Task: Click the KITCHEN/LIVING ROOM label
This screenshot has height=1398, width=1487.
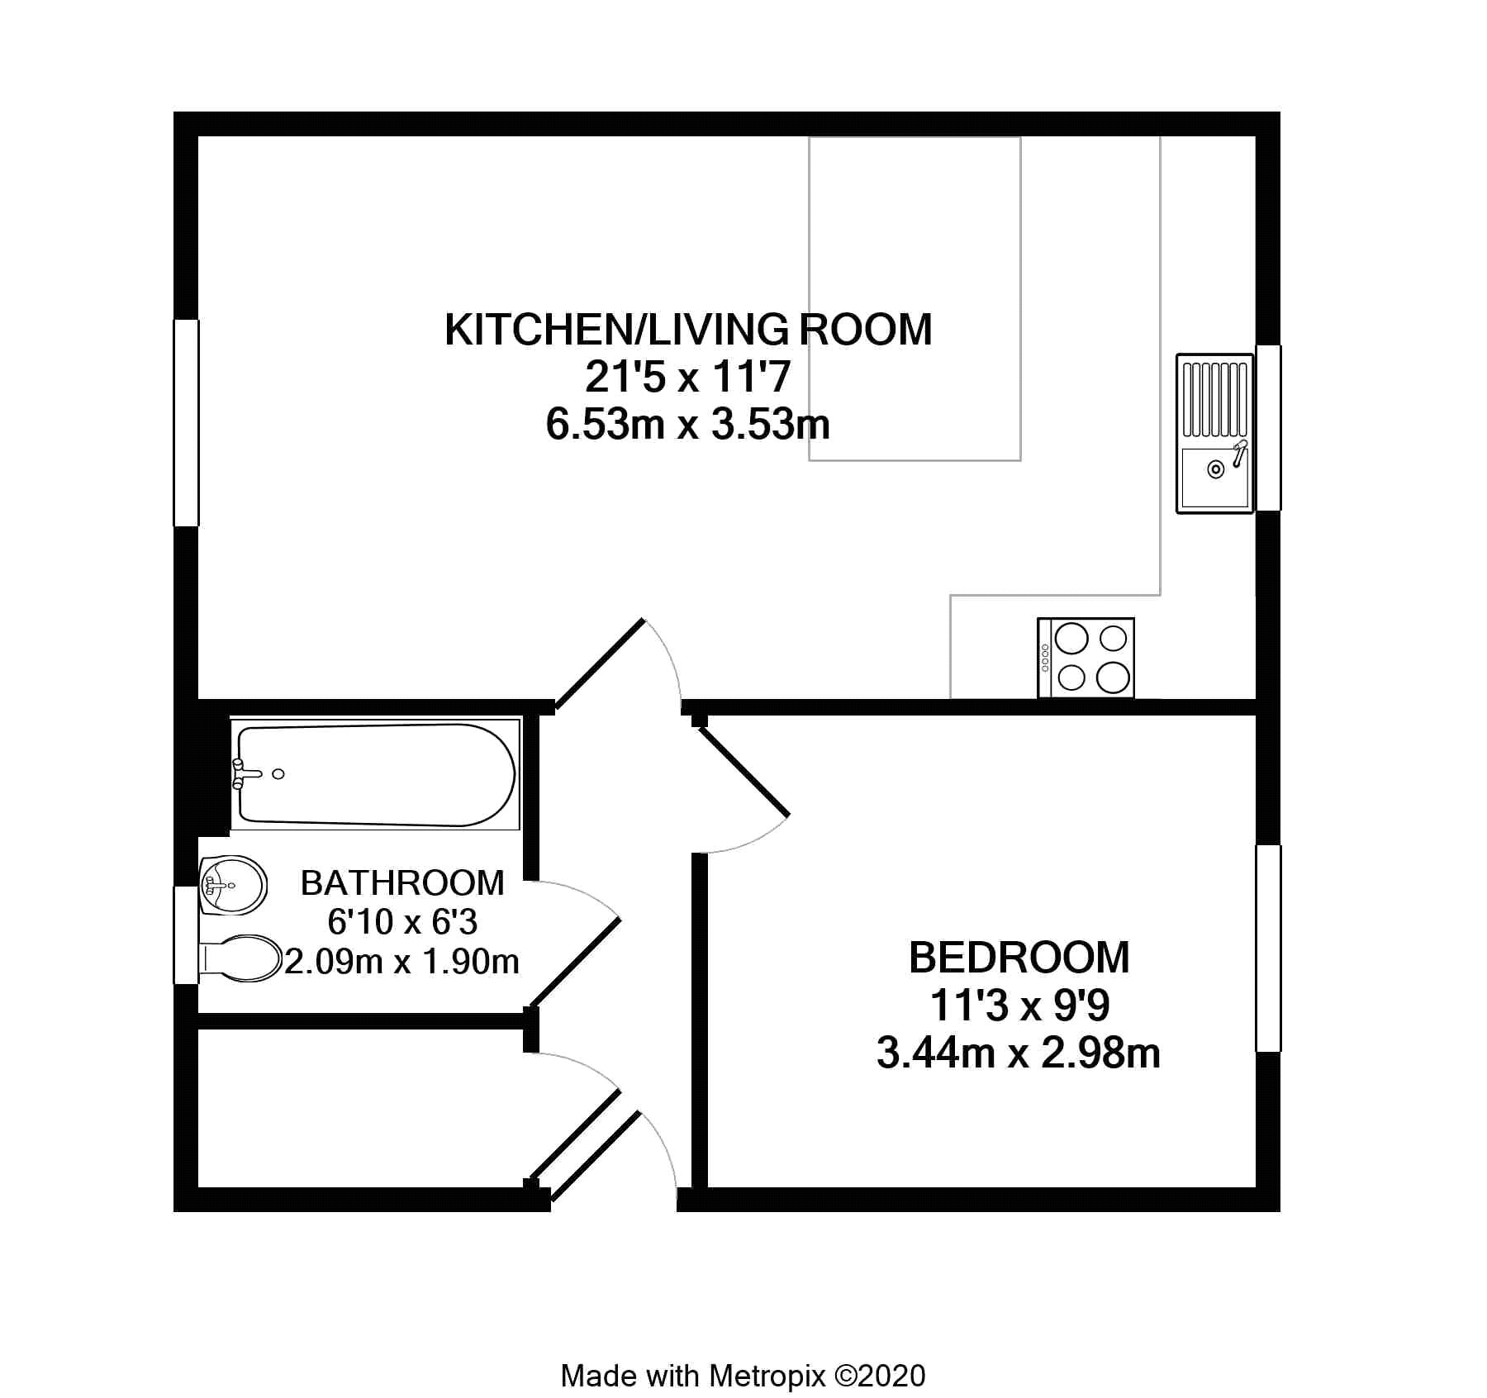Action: tap(688, 330)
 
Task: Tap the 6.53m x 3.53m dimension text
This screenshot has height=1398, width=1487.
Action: tap(688, 425)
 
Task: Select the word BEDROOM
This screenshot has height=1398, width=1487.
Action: tap(1019, 958)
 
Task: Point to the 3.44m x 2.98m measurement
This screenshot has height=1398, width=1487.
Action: tap(1019, 1053)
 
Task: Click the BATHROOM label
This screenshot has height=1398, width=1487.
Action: tap(402, 883)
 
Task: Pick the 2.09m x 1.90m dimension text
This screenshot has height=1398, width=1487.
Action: tap(402, 961)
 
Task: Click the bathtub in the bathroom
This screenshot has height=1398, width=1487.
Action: tap(376, 775)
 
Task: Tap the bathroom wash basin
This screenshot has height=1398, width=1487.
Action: tap(232, 886)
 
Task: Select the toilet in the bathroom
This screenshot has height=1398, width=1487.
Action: tap(240, 958)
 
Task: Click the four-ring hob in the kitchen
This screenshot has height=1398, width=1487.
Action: tap(1086, 659)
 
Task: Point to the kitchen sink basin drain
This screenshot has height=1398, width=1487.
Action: tap(1215, 469)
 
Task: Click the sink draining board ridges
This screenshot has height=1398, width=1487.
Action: tap(1214, 399)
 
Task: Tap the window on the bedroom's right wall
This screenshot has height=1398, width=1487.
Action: tap(1268, 948)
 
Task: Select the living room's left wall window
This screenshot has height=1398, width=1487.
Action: tap(186, 422)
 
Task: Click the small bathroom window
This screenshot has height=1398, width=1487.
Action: tap(186, 935)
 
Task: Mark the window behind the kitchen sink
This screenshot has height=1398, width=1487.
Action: tap(1268, 428)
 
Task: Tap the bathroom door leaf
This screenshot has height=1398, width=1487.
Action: tap(575, 962)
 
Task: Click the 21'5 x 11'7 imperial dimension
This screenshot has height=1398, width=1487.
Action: tap(688, 378)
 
